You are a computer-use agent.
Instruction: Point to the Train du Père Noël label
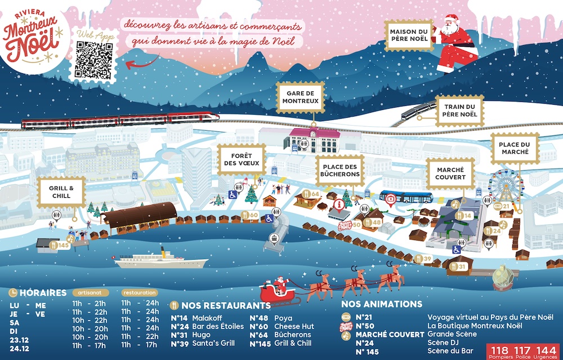point(460,110)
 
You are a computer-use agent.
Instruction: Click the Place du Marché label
point(515,148)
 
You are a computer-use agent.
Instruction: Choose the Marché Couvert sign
point(450,174)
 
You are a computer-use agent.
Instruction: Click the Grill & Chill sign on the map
point(61,192)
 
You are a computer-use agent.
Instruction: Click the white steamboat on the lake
point(160,260)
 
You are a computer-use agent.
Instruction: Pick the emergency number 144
point(547,349)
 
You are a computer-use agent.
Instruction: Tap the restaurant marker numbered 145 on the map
point(60,245)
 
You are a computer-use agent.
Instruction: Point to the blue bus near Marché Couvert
point(406,197)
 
